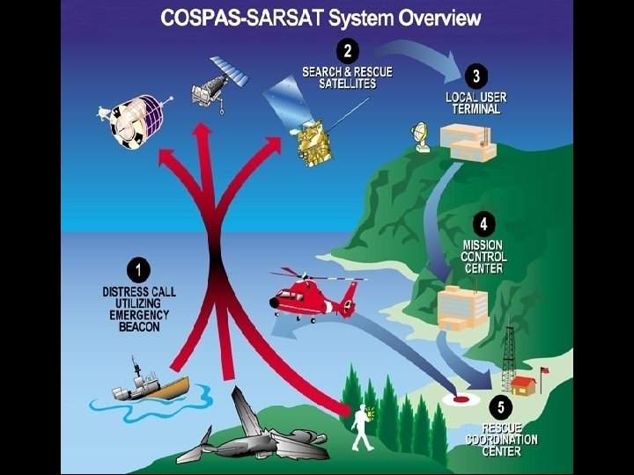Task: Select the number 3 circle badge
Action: (476, 77)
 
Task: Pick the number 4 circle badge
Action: (481, 221)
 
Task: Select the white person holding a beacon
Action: (361, 426)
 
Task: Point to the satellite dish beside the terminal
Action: (422, 135)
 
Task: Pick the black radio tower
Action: (508, 362)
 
